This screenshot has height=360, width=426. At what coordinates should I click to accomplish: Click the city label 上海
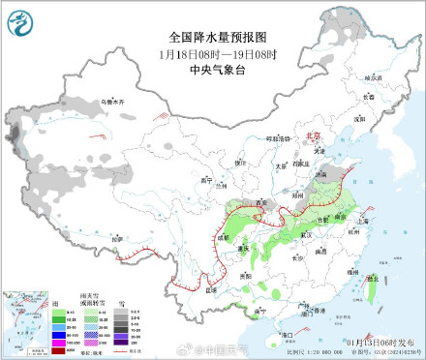pyautogui.click(x=363, y=221)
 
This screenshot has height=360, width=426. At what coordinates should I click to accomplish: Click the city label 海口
pyautogui.click(x=286, y=334)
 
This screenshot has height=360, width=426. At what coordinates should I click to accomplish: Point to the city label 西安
pyautogui.click(x=259, y=201)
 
